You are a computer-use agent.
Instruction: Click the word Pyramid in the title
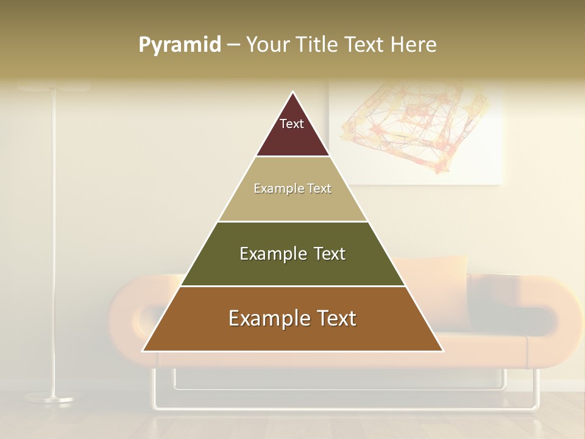(x=179, y=45)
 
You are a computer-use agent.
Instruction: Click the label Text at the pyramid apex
(x=292, y=124)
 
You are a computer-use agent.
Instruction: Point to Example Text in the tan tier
(x=292, y=188)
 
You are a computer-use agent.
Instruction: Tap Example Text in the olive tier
(x=292, y=254)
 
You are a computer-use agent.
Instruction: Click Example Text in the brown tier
(x=292, y=318)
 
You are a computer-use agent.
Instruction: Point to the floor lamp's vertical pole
(x=54, y=244)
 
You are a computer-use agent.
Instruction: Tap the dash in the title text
(x=233, y=45)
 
